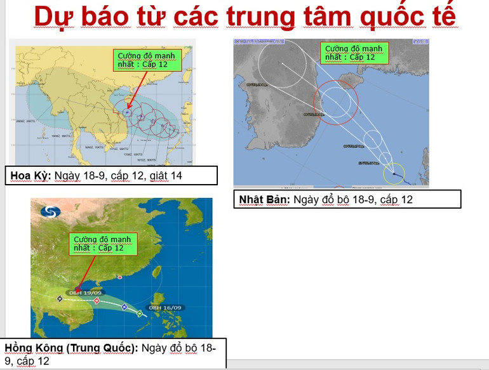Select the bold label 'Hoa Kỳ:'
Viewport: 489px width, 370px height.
coord(30,175)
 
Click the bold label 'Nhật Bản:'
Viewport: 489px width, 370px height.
coord(264,199)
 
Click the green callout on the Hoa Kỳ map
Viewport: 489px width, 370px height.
coord(147,60)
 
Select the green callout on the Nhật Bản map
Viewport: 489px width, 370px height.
coord(354,53)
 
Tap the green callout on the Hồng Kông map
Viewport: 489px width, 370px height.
coord(102,244)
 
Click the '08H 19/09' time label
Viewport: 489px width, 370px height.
coord(84,292)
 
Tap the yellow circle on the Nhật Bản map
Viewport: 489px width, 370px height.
coord(394,173)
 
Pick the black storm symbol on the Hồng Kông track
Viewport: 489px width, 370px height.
coord(60,298)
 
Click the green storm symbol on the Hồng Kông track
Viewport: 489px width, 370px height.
coord(140,314)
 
